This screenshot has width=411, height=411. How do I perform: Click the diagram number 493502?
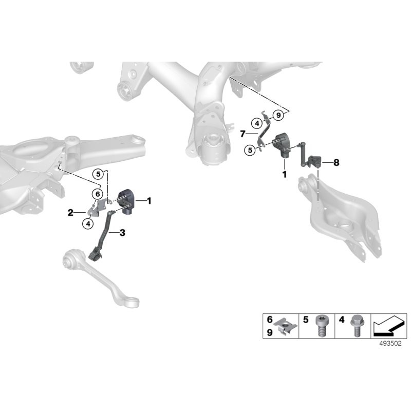tap(390, 343)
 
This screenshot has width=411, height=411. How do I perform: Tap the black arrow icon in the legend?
tap(389, 326)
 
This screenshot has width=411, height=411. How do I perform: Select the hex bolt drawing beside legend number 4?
tap(357, 325)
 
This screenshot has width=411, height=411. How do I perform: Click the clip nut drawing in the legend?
tap(285, 326)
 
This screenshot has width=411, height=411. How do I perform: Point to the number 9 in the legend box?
tap(270, 332)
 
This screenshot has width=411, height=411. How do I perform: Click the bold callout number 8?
tap(336, 163)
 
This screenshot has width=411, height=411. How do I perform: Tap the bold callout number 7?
tap(242, 134)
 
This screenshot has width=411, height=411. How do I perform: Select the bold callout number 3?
tap(122, 233)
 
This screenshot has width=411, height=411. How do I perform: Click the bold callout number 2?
tap(70, 213)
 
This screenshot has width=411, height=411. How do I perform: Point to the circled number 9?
tap(278, 115)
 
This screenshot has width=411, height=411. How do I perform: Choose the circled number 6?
tap(98, 194)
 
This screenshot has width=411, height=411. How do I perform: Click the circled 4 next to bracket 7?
tap(257, 123)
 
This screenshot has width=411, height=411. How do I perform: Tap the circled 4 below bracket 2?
tap(88, 224)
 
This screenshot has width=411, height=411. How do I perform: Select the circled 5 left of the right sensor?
tap(250, 151)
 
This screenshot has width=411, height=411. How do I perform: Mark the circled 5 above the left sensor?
tap(98, 174)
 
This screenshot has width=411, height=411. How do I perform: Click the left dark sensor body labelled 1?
tap(126, 201)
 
